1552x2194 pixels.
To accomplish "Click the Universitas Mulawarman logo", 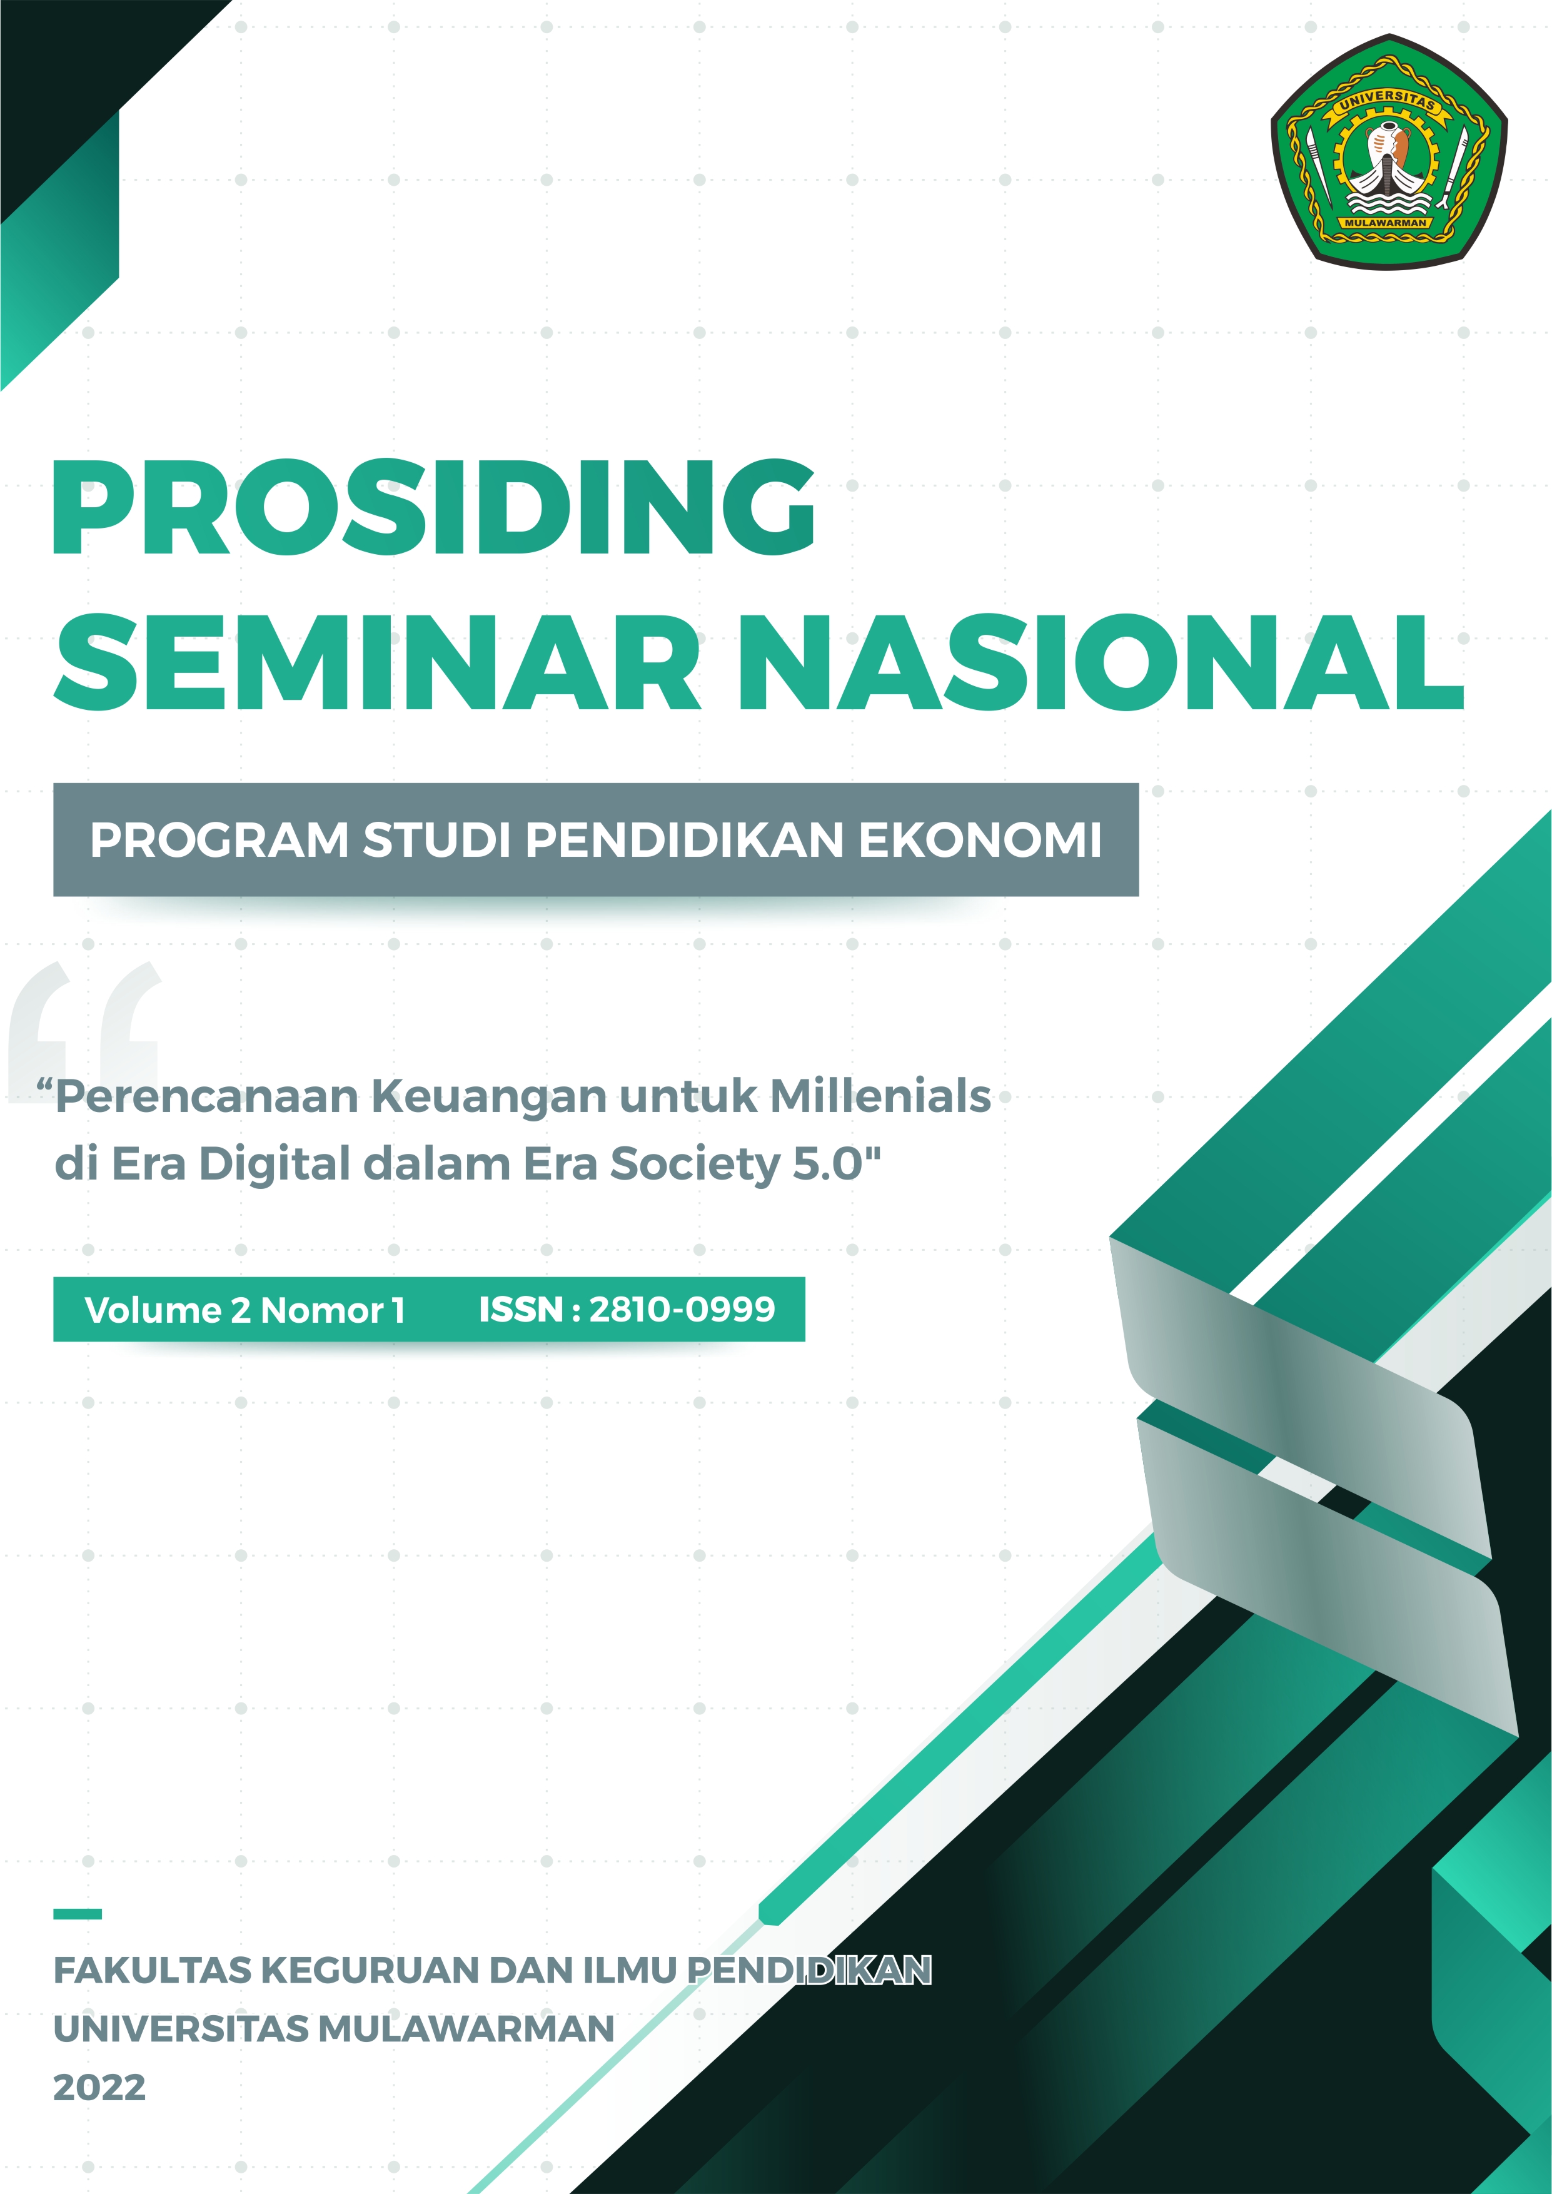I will pyautogui.click(x=1389, y=150).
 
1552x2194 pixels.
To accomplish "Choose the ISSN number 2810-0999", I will pyautogui.click(x=682, y=1309).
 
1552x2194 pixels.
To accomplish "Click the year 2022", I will pyautogui.click(x=99, y=2088).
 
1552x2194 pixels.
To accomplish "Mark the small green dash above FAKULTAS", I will pyautogui.click(x=78, y=1914).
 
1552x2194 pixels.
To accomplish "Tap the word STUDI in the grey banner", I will pyautogui.click(x=436, y=841).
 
